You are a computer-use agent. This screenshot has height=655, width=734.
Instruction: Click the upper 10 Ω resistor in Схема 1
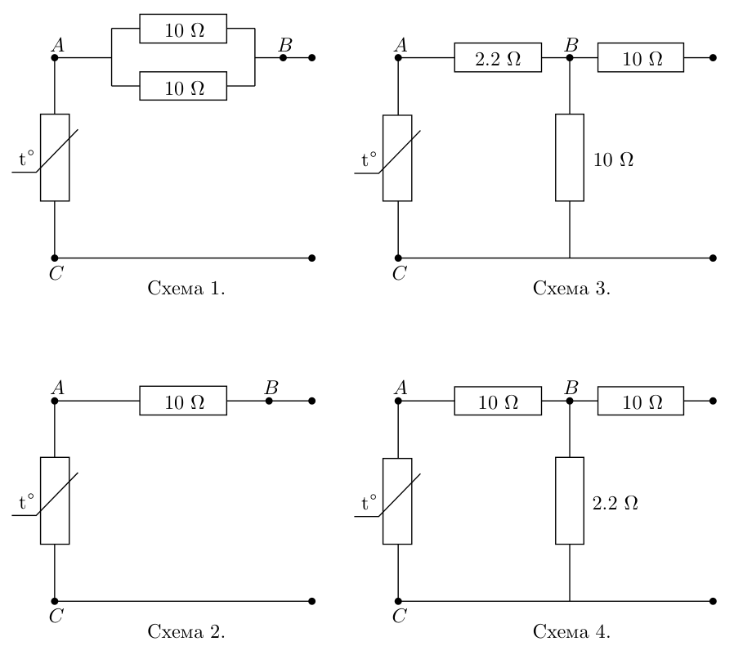[183, 29]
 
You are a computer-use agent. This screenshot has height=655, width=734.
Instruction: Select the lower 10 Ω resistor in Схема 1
[183, 86]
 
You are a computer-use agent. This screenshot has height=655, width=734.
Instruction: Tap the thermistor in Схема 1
[55, 158]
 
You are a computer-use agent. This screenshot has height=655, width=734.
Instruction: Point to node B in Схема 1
[283, 57]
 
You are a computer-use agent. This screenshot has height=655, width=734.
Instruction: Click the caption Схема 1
[186, 289]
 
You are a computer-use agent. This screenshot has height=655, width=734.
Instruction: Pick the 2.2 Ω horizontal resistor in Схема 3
[498, 57]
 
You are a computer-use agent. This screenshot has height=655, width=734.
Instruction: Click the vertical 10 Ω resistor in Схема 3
[570, 158]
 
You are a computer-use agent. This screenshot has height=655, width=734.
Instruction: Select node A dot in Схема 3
[398, 57]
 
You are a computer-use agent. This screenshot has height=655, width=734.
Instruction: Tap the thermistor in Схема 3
[397, 159]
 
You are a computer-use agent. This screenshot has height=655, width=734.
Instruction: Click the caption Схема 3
[571, 289]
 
